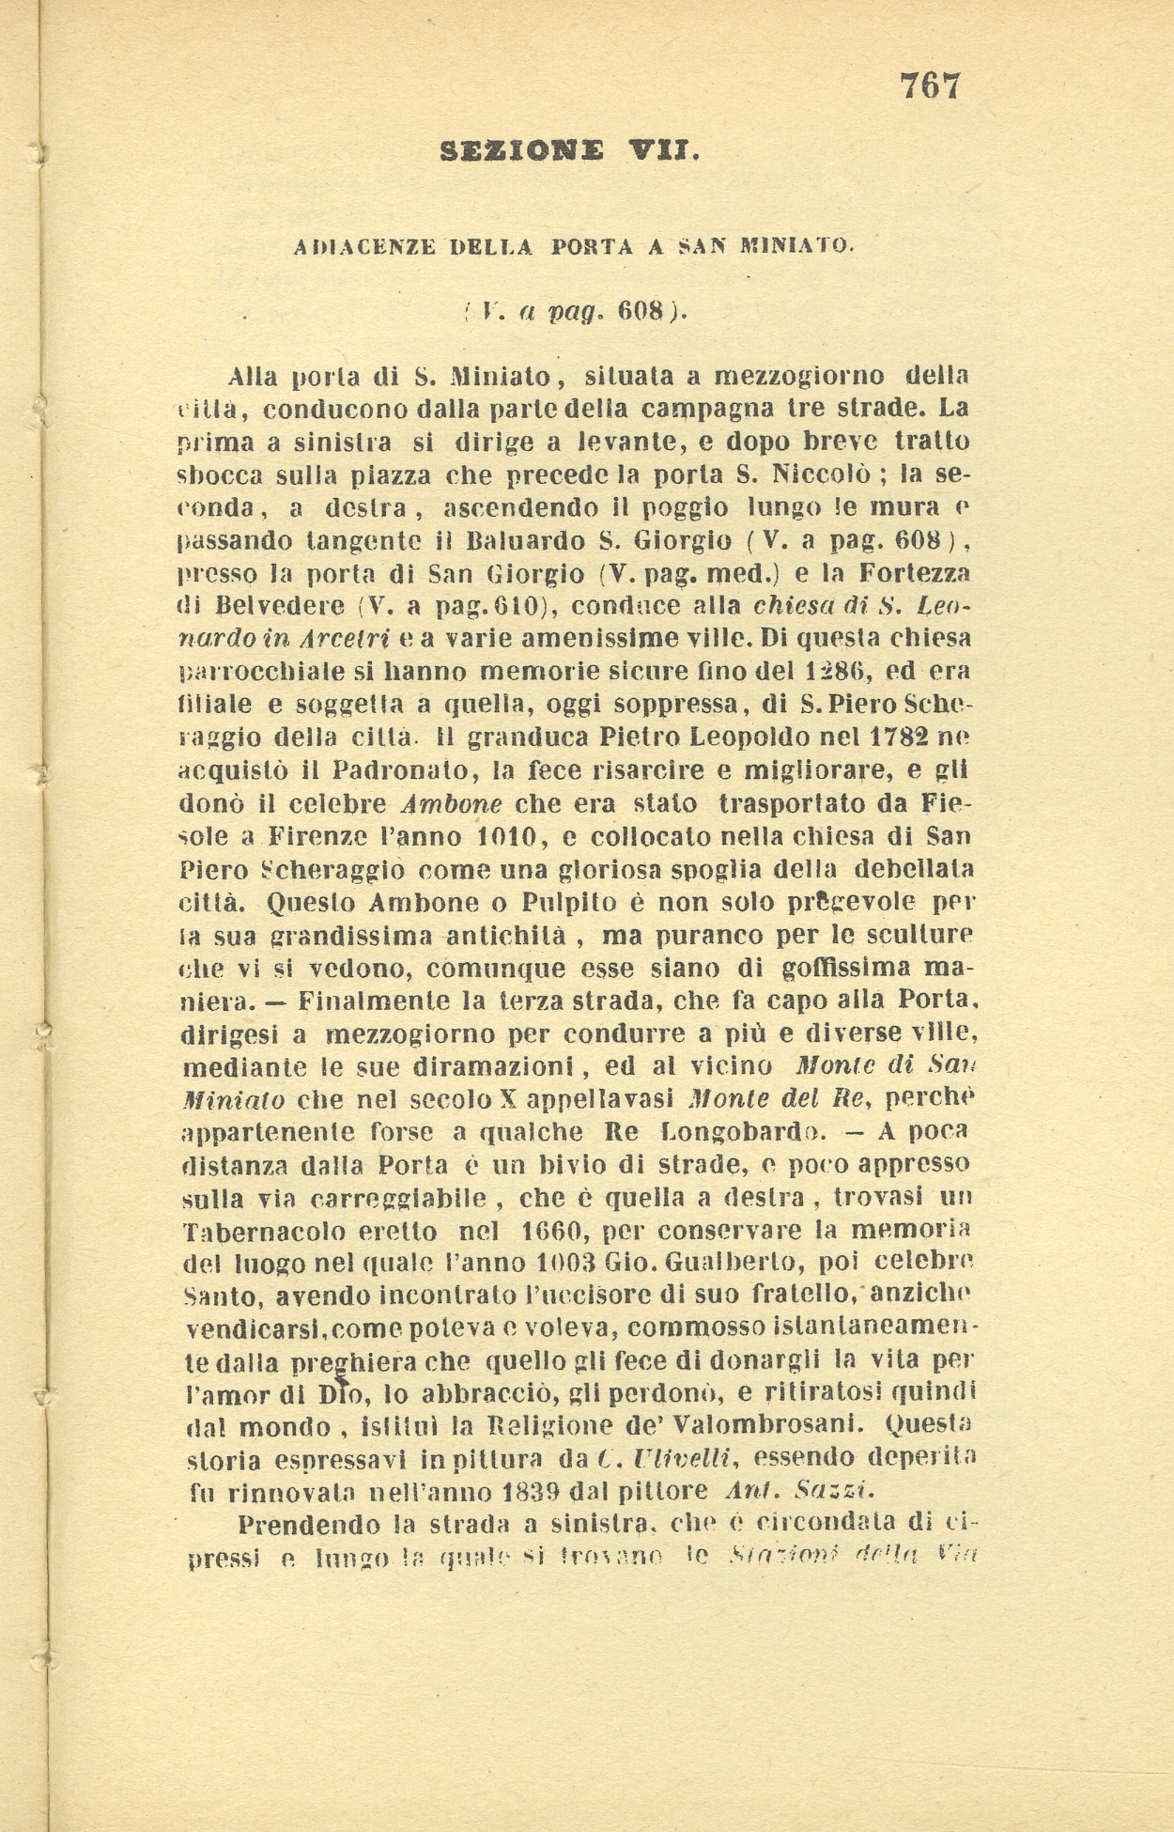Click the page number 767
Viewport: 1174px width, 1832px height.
931,86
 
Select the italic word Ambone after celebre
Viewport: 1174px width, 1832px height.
452,804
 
